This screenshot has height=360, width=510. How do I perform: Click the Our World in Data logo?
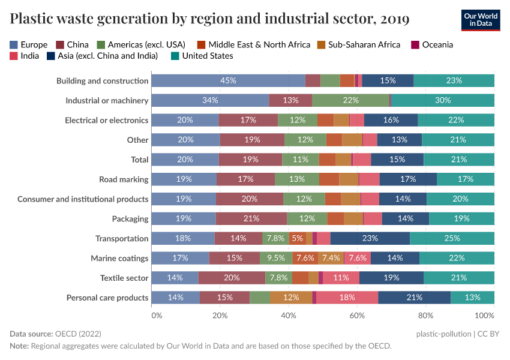[x=481, y=19]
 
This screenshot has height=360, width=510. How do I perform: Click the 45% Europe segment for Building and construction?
[x=228, y=81]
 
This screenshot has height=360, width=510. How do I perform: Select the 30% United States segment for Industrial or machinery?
[x=442, y=100]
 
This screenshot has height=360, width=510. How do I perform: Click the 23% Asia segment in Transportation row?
[x=370, y=238]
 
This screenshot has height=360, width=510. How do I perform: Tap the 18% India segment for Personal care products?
[x=347, y=298]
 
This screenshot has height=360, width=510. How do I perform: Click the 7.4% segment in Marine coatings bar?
[x=331, y=258]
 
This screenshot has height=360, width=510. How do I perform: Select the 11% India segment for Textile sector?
[x=341, y=278]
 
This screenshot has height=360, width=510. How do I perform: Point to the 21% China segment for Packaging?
[x=251, y=218]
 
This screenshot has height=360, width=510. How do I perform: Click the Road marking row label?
[x=124, y=179]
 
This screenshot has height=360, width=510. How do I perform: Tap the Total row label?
[x=139, y=160]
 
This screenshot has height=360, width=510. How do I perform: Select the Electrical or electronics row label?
[x=106, y=120]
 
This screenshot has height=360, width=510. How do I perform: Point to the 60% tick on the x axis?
[x=357, y=316]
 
